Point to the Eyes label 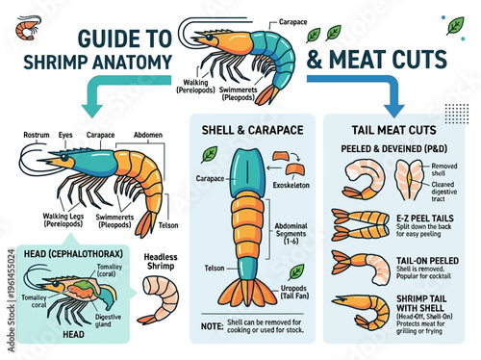pos(65,136)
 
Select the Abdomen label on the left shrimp pos(147,136)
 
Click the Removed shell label pos(444,169)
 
